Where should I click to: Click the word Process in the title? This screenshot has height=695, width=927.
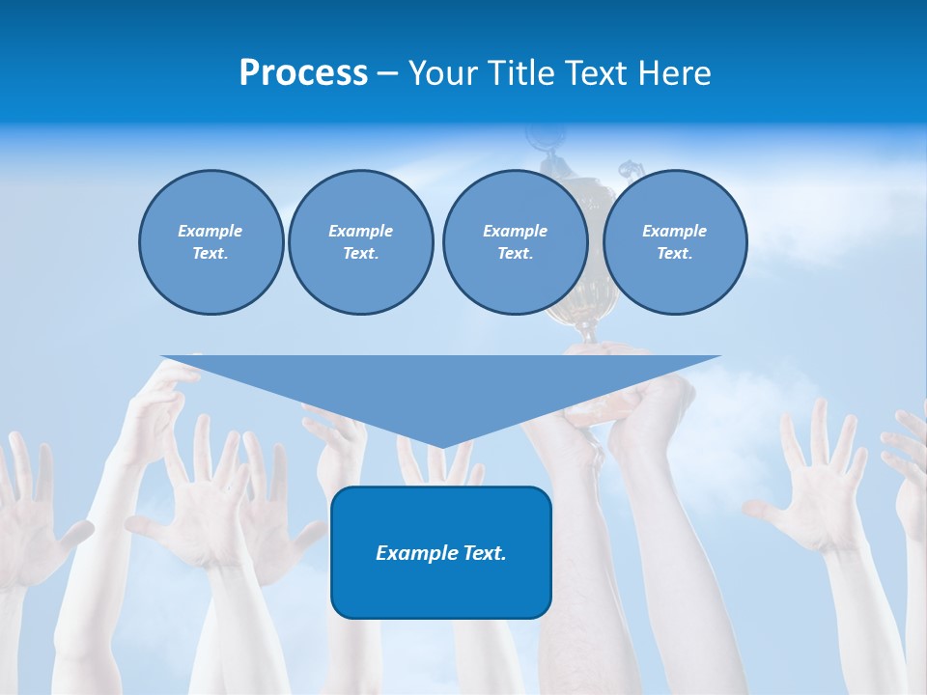(303, 73)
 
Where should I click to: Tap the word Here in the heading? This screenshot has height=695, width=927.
(673, 73)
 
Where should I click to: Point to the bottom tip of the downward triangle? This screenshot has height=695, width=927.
(440, 446)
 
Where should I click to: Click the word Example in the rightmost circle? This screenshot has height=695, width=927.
(674, 231)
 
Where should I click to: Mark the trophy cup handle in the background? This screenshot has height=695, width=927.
(630, 172)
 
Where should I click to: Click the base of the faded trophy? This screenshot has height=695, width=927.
(585, 333)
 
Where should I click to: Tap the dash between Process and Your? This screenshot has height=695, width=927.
(387, 73)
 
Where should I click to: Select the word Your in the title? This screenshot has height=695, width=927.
(442, 73)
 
